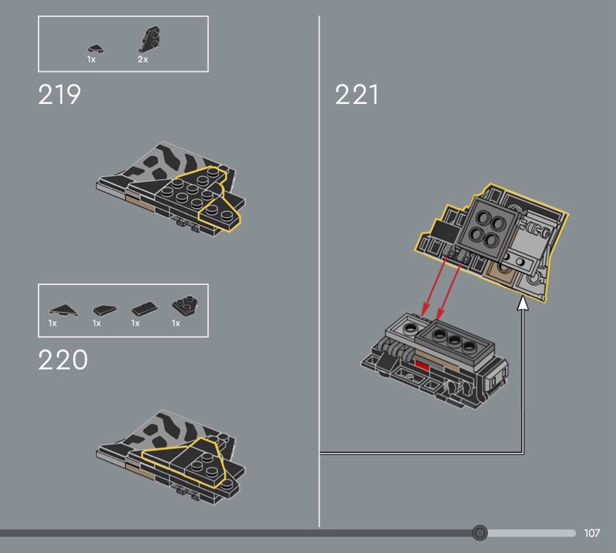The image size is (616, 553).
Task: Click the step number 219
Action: coord(59,95)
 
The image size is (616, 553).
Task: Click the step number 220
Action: coord(62,360)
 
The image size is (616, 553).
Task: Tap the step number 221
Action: coord(357,95)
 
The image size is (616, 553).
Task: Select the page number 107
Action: coord(591,533)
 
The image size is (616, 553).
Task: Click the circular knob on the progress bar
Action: coord(480,533)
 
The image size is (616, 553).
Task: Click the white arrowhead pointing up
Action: coord(523,305)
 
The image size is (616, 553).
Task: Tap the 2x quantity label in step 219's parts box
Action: coord(142,59)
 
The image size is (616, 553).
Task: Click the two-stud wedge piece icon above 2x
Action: coord(148,39)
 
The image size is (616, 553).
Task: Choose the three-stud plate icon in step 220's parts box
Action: coord(182,306)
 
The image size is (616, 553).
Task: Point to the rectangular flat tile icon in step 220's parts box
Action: coord(142,310)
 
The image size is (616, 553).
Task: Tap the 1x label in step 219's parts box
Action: coord(91,59)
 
